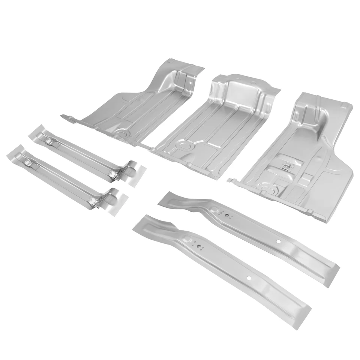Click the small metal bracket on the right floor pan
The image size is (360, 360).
pyautogui.click(x=286, y=164)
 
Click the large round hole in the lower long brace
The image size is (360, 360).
pyautogui.click(x=249, y=278)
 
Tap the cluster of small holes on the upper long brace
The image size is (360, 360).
pyautogui.click(x=226, y=215)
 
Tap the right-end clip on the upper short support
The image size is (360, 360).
pyautogui.click(x=114, y=173)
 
